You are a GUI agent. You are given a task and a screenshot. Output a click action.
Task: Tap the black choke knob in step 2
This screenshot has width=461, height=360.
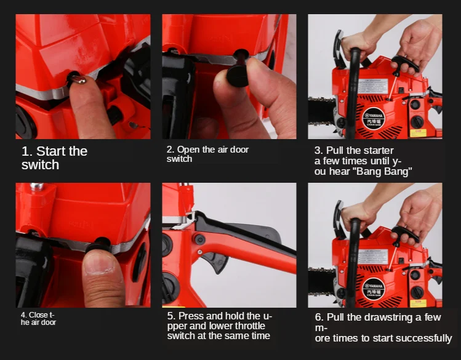238,78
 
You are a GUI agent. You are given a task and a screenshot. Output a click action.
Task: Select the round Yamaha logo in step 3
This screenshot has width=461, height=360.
374,118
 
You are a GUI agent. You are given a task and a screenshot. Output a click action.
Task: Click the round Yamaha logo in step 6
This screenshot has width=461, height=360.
374,289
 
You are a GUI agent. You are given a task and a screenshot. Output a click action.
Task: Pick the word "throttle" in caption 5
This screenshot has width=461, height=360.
248,326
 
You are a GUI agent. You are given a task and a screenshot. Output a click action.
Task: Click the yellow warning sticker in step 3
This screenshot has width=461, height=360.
418,133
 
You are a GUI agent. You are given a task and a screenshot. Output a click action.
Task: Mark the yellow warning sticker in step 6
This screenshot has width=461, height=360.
418,303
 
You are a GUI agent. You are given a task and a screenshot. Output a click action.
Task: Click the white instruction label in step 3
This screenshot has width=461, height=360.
373,86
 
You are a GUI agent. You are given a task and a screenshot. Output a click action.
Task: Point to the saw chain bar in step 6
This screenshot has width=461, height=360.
322,282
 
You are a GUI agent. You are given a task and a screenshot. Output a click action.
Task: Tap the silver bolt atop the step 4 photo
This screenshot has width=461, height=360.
36,186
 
